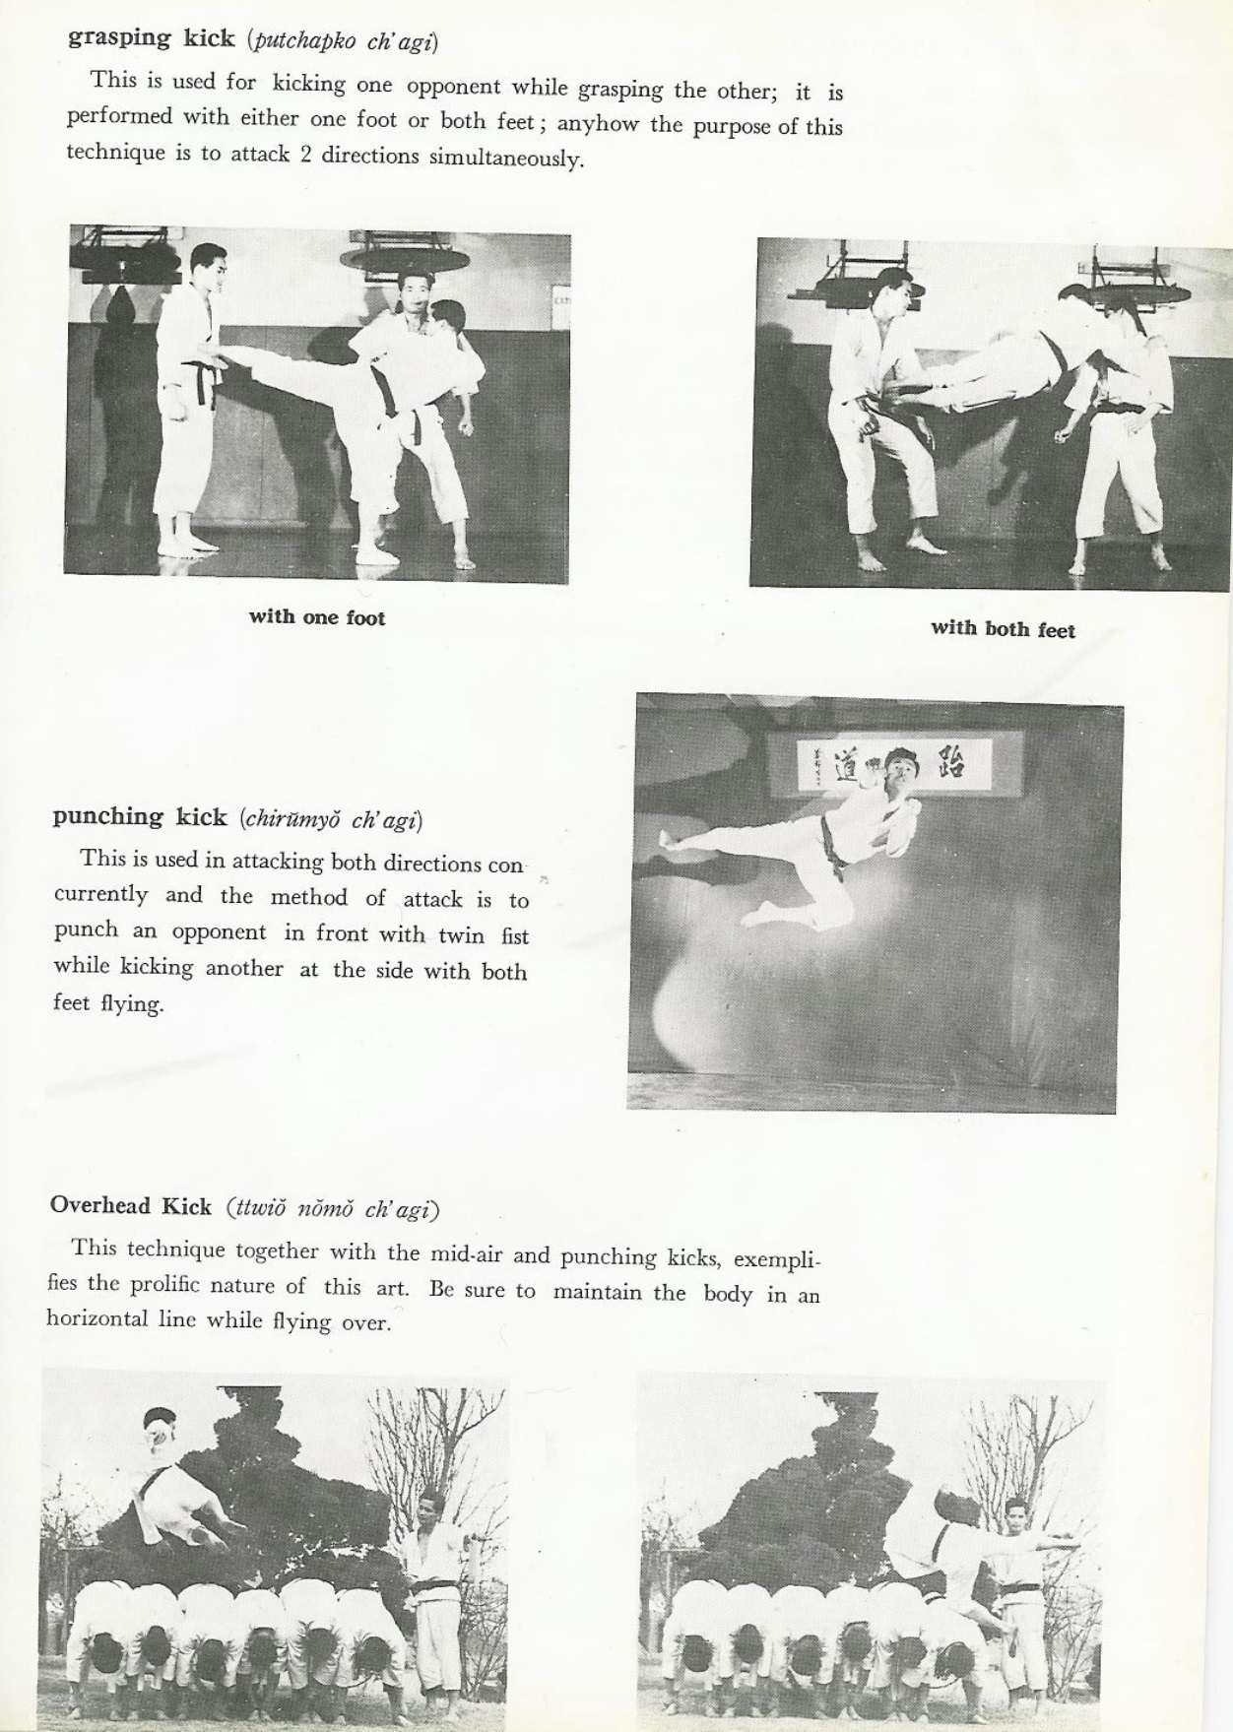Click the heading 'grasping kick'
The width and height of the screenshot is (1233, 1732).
click(151, 38)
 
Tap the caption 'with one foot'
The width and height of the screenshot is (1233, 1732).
click(316, 617)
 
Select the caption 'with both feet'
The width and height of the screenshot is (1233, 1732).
click(1003, 628)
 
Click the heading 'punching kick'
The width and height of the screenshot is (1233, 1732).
click(140, 816)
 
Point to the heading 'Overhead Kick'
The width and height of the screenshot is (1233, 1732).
click(130, 1206)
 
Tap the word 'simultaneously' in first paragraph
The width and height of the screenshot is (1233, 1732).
click(504, 159)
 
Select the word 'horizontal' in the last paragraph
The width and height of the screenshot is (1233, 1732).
click(97, 1318)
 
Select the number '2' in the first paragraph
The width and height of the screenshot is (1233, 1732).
click(306, 156)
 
